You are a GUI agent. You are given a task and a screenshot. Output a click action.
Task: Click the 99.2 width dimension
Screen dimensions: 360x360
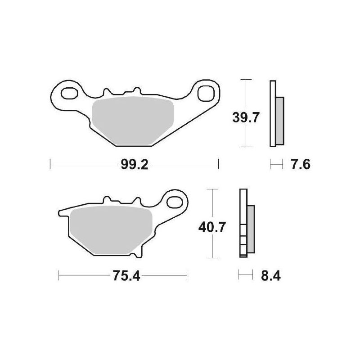click(135, 164)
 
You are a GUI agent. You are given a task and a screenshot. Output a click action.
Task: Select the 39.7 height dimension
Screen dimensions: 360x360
click(246, 117)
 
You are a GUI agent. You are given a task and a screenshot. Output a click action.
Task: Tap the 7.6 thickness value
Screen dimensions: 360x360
click(301, 164)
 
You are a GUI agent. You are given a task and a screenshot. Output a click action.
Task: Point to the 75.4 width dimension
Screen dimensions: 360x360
click(126, 276)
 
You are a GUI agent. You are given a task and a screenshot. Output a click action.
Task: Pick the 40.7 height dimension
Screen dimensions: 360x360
click(212, 227)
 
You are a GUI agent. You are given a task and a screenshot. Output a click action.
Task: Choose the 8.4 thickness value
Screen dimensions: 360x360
click(271, 276)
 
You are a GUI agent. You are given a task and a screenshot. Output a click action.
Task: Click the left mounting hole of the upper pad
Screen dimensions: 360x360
click(69, 93)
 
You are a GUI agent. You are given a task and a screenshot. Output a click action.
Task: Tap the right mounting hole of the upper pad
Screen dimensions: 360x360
click(206, 93)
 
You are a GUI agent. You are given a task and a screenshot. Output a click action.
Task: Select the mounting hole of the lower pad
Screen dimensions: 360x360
click(175, 202)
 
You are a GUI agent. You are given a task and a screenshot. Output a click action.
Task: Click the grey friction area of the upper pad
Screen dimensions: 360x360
click(133, 121)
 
